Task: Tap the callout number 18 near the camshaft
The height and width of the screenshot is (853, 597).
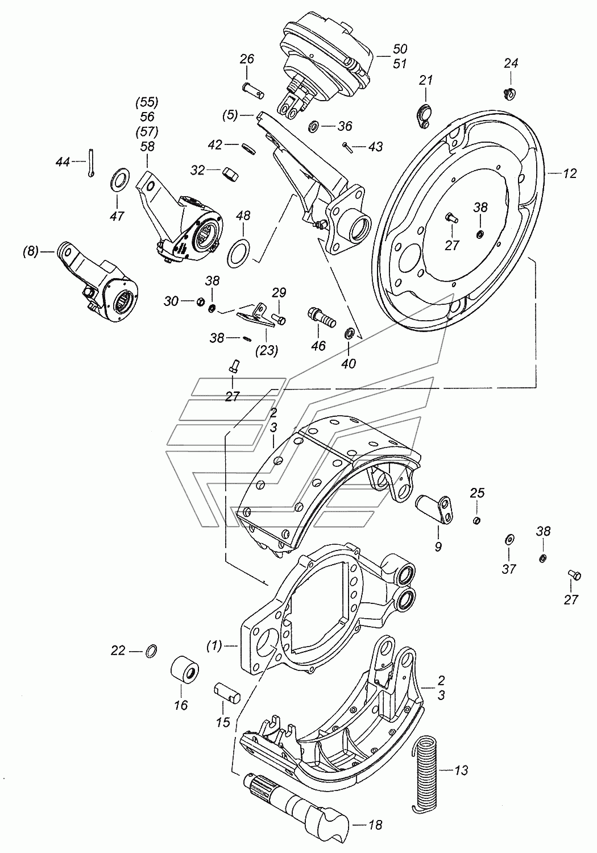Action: pos(375,825)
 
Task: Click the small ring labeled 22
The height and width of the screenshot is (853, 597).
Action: pos(152,651)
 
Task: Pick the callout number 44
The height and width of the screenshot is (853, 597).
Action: pos(63,162)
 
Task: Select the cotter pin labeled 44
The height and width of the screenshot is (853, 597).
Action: pos(92,163)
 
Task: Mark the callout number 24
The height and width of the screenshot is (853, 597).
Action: pos(511,63)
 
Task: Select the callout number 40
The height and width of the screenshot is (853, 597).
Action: pos(349,363)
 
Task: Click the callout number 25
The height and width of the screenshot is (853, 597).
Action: pos(477,493)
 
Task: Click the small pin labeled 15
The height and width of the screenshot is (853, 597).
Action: pos(227,694)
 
